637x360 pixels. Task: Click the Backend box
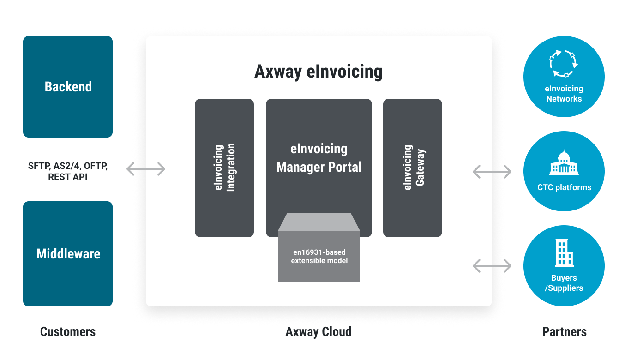click(x=68, y=87)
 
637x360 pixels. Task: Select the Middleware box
click(x=68, y=253)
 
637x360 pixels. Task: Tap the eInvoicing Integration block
click(x=224, y=168)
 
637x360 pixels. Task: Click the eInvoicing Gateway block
click(x=413, y=168)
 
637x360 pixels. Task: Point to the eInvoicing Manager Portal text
click(x=318, y=158)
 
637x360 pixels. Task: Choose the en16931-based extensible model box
click(x=319, y=257)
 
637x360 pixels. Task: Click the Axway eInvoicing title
click(x=318, y=72)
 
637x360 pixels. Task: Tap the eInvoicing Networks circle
click(x=564, y=77)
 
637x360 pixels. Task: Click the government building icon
click(x=564, y=162)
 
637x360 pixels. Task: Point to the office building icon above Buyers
click(x=564, y=252)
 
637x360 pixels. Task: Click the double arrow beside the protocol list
click(x=146, y=169)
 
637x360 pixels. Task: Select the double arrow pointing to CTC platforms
click(x=492, y=172)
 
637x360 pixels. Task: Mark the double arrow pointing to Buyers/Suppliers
click(x=492, y=265)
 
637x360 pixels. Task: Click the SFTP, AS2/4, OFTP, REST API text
click(x=68, y=171)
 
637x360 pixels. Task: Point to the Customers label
click(x=68, y=331)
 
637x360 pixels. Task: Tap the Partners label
click(x=564, y=331)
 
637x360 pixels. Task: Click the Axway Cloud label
click(x=318, y=332)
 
